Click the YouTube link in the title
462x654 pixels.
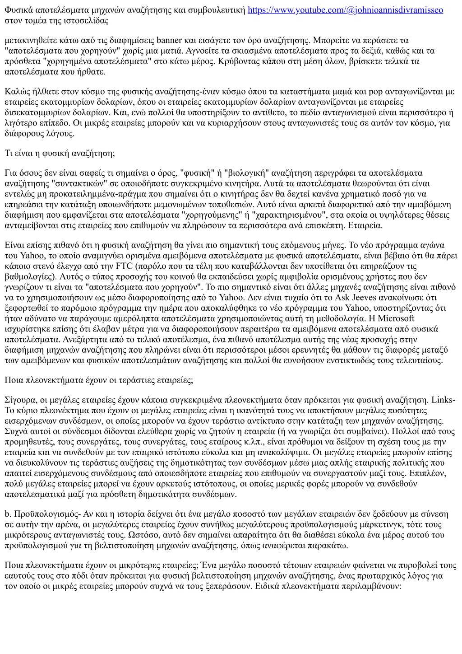[x=346, y=9]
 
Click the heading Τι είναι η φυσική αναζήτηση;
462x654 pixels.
[x=60, y=153]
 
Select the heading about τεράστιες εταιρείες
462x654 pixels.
[x=99, y=380]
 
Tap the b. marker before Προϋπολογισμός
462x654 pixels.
[x=8, y=514]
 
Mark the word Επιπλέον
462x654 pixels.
[x=428, y=473]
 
